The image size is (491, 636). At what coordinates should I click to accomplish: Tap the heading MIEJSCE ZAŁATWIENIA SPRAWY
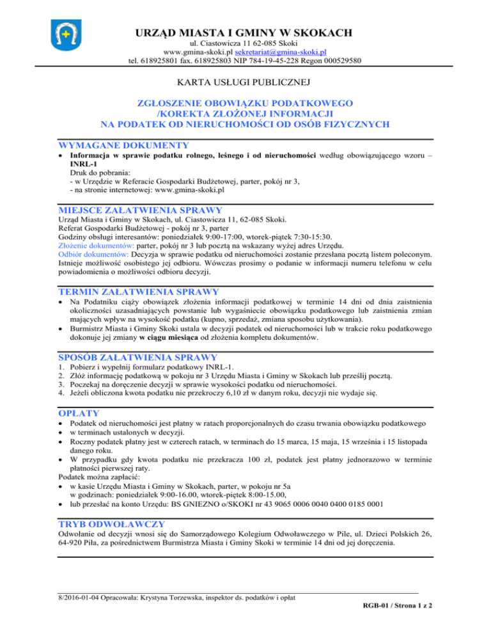(x=140, y=209)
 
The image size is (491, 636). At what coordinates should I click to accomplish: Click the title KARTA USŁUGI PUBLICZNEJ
(x=245, y=83)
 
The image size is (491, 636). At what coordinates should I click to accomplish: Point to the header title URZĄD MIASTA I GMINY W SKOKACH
(x=245, y=33)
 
